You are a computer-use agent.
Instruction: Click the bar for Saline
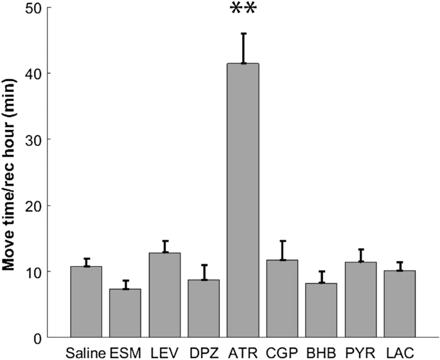click(86, 302)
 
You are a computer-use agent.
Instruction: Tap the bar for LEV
click(164, 295)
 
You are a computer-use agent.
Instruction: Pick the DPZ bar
click(204, 309)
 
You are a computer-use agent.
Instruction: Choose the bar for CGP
click(282, 299)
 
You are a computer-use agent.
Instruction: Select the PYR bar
click(361, 300)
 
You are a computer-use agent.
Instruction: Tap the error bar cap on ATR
click(243, 33)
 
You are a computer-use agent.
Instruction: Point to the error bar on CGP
click(283, 250)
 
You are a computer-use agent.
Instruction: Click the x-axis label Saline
click(85, 352)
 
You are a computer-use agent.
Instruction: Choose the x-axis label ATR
click(243, 352)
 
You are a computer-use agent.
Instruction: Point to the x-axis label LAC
click(400, 352)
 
